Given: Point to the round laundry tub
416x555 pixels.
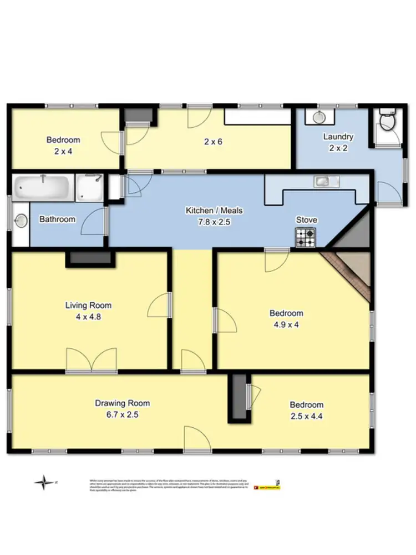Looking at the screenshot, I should click(319, 117).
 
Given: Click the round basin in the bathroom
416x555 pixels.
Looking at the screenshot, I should click(21, 221).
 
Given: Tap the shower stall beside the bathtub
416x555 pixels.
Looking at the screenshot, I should click(89, 187).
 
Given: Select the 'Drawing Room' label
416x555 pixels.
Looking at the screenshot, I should click(122, 404).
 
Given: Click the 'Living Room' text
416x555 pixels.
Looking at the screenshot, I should click(88, 305).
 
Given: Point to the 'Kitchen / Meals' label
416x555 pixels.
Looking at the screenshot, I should click(214, 211).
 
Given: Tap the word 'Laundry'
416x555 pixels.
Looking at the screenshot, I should click(338, 137).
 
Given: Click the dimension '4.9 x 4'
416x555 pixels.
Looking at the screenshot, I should click(286, 325).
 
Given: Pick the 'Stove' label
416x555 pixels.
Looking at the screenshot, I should click(306, 220).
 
